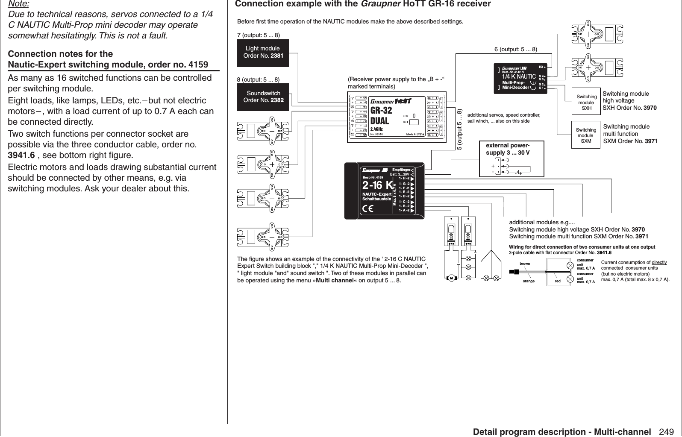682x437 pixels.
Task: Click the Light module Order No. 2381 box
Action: (x=263, y=53)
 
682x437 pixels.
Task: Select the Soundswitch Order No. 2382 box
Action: (x=263, y=97)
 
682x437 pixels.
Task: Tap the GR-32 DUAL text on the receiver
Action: (x=380, y=114)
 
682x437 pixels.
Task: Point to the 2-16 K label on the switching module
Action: (x=377, y=185)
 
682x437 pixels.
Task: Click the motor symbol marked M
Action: (x=451, y=278)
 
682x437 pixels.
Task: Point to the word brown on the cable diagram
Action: (x=524, y=264)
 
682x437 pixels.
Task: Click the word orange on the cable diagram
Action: (x=529, y=282)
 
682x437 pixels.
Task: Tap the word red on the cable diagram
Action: (x=557, y=282)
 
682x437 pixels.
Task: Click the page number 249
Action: (x=667, y=431)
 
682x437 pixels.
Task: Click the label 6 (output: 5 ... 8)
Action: (x=515, y=50)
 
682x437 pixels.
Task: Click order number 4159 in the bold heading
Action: (x=198, y=65)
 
